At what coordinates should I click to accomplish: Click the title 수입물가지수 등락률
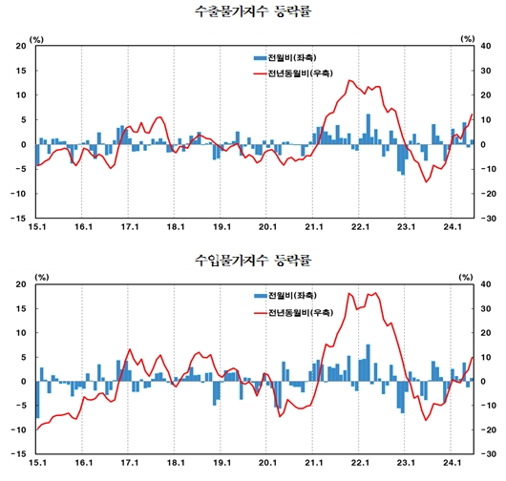252,260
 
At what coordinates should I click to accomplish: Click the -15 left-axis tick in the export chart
19,218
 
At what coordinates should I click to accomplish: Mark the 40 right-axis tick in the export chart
486,47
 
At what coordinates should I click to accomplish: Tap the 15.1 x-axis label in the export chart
37,227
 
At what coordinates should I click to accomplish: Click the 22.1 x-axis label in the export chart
361,227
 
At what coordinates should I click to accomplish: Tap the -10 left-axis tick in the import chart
19,429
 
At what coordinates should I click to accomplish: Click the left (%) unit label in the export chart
37,38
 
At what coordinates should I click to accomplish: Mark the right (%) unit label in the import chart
467,277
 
